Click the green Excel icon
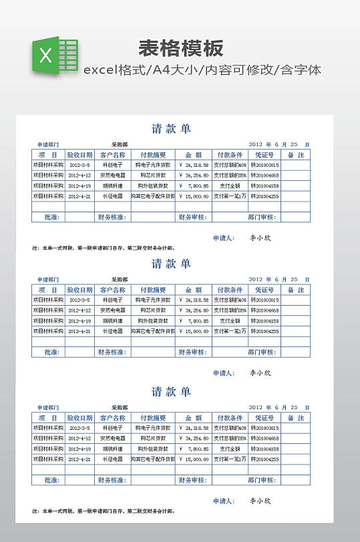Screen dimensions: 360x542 (x=54, y=55)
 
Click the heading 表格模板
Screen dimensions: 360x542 (x=180, y=49)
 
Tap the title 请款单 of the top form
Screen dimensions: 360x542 (x=171, y=129)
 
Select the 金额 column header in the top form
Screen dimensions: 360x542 (x=194, y=155)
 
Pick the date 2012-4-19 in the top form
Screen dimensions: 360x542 (x=80, y=186)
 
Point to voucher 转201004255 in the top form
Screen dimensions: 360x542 (x=264, y=196)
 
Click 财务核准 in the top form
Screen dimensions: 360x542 (x=112, y=217)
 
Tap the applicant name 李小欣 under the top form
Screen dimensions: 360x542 (x=260, y=238)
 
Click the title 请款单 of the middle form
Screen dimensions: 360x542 (x=171, y=264)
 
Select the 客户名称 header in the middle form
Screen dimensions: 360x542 (x=112, y=290)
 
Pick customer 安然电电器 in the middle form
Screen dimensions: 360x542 (x=112, y=310)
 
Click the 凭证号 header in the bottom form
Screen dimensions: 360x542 (x=264, y=418)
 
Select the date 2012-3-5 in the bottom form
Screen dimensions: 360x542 (x=80, y=428)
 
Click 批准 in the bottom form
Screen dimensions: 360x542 (x=51, y=480)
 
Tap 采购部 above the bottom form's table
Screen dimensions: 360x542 (x=120, y=407)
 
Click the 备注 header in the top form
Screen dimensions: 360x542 (x=296, y=155)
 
